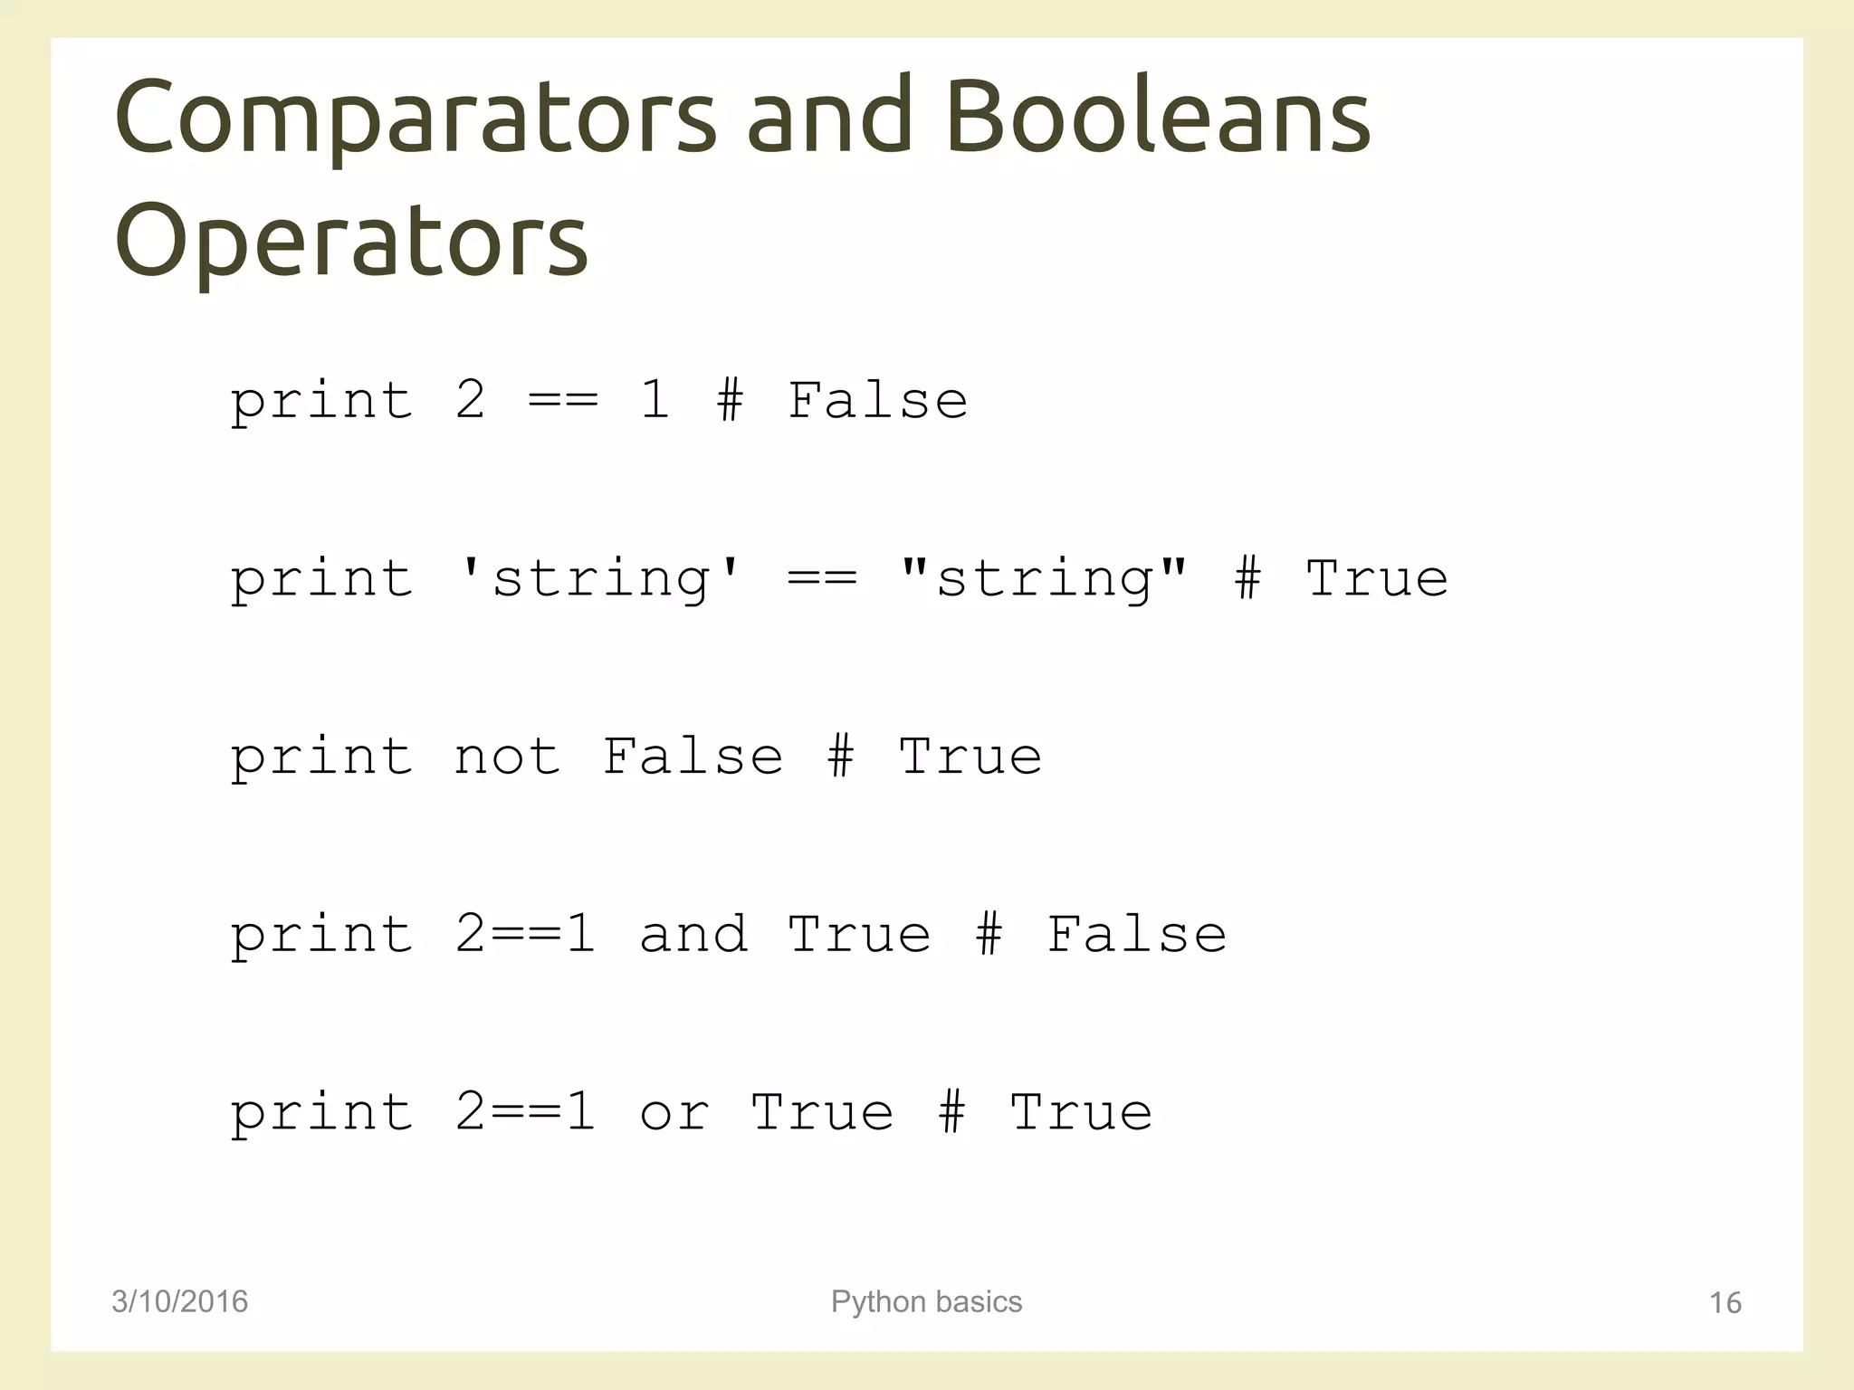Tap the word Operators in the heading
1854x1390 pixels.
click(x=351, y=241)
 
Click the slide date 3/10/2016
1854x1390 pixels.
click(x=179, y=1301)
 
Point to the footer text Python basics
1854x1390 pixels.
click(x=926, y=1301)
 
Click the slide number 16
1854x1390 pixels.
click(x=1725, y=1302)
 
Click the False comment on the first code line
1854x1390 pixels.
click(x=877, y=400)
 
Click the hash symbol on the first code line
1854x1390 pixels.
click(x=730, y=400)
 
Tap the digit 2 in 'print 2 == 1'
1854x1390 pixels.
click(x=470, y=400)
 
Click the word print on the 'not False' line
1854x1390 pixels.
click(x=321, y=757)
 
